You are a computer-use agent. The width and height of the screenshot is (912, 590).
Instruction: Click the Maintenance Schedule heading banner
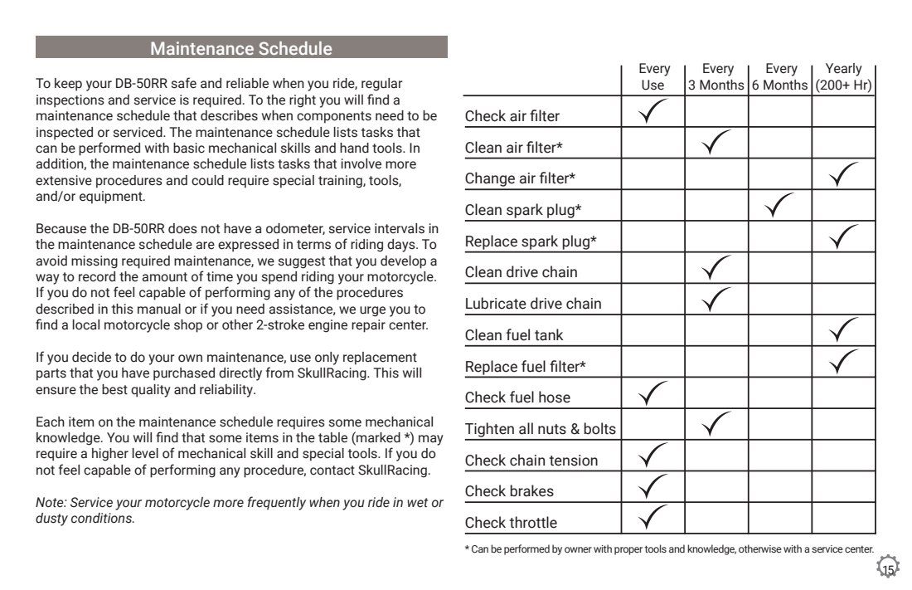[241, 48]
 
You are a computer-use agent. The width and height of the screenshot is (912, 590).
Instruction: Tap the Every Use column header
[653, 77]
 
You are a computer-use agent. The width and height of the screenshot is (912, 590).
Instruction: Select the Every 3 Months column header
[716, 77]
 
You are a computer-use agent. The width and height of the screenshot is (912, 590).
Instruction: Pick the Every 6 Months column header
[780, 77]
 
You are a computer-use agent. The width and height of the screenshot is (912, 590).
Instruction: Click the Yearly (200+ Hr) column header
[843, 77]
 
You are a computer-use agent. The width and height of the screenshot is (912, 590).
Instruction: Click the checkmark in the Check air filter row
[653, 112]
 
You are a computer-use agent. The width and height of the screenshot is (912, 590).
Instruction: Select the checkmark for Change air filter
[843, 174]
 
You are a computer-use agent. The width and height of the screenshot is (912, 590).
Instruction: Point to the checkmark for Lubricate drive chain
[716, 300]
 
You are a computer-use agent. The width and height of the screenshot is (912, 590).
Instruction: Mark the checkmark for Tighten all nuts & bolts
[716, 426]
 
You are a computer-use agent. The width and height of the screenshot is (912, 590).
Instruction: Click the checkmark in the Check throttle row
[653, 519]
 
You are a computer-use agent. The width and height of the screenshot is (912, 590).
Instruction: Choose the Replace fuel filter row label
[520, 366]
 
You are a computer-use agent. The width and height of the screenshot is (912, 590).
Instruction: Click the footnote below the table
[668, 549]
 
